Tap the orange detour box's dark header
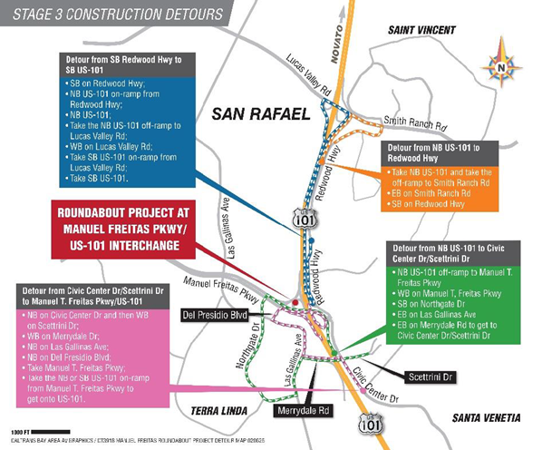pos(440,152)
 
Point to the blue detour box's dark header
pos(123,64)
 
